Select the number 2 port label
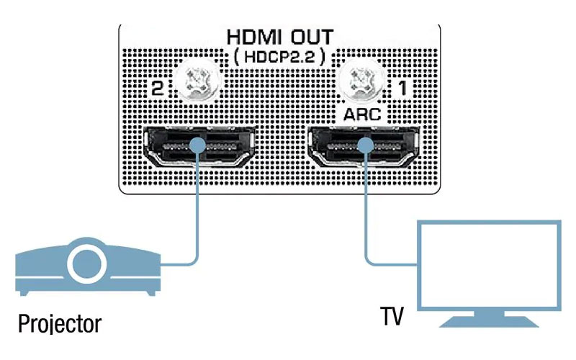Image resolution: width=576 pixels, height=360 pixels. [155, 89]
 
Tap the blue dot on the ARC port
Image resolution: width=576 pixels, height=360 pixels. [366, 146]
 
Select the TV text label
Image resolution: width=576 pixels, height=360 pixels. [392, 315]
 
